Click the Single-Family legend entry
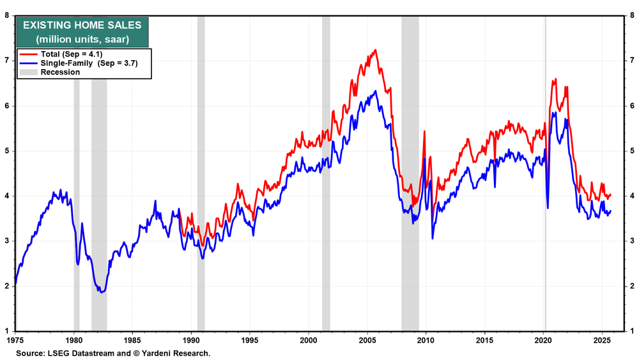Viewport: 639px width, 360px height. point(80,63)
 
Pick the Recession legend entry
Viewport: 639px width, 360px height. point(60,72)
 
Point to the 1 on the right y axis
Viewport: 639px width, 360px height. point(631,331)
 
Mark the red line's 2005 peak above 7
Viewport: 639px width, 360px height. point(375,50)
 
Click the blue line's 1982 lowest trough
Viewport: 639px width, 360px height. point(101,292)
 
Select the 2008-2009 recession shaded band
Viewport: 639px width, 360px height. point(410,173)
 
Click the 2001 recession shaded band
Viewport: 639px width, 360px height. point(326,173)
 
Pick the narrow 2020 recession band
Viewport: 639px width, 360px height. point(545,173)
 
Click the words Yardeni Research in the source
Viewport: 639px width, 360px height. point(181,353)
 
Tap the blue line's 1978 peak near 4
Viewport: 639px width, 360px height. point(61,190)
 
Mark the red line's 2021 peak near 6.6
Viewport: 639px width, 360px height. point(555,79)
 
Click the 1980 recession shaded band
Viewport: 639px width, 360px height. point(77,173)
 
